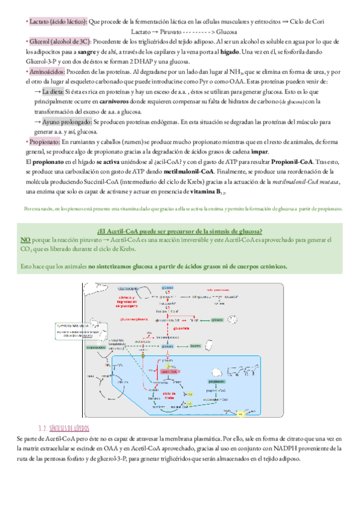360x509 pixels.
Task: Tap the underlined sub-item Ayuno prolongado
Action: point(66,122)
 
